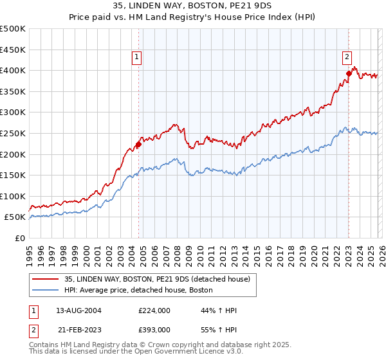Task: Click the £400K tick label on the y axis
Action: click(x=13, y=70)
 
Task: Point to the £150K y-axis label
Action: click(x=13, y=175)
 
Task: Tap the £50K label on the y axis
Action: click(x=15, y=217)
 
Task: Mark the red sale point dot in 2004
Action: click(x=138, y=144)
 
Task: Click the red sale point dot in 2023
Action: click(x=349, y=73)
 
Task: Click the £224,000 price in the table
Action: click(x=154, y=310)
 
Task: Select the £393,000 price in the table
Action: click(x=154, y=329)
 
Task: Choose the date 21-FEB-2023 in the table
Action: click(x=78, y=329)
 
